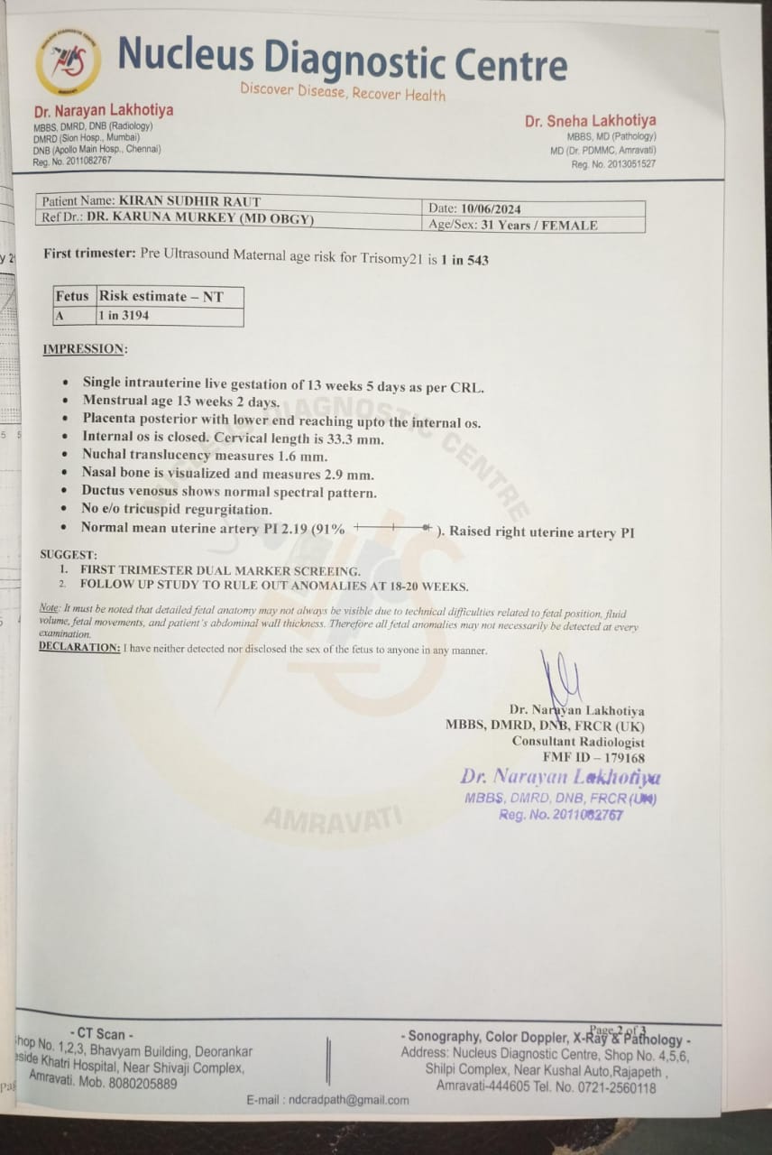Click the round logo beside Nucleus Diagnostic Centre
[68, 61]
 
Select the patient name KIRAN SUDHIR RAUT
[189, 201]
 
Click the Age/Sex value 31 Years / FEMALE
[539, 226]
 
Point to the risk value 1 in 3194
[124, 316]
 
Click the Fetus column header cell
[73, 296]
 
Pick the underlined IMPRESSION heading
[85, 348]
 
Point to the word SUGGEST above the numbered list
[68, 555]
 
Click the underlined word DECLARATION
[79, 648]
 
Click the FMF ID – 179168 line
[593, 758]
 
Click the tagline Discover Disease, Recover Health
[343, 92]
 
